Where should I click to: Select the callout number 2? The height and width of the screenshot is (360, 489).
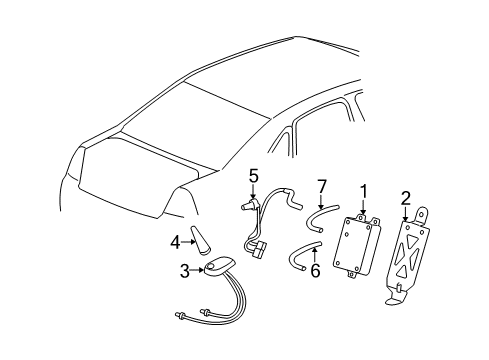tap(406, 199)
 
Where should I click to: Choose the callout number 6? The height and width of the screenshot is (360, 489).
tap(315, 271)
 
